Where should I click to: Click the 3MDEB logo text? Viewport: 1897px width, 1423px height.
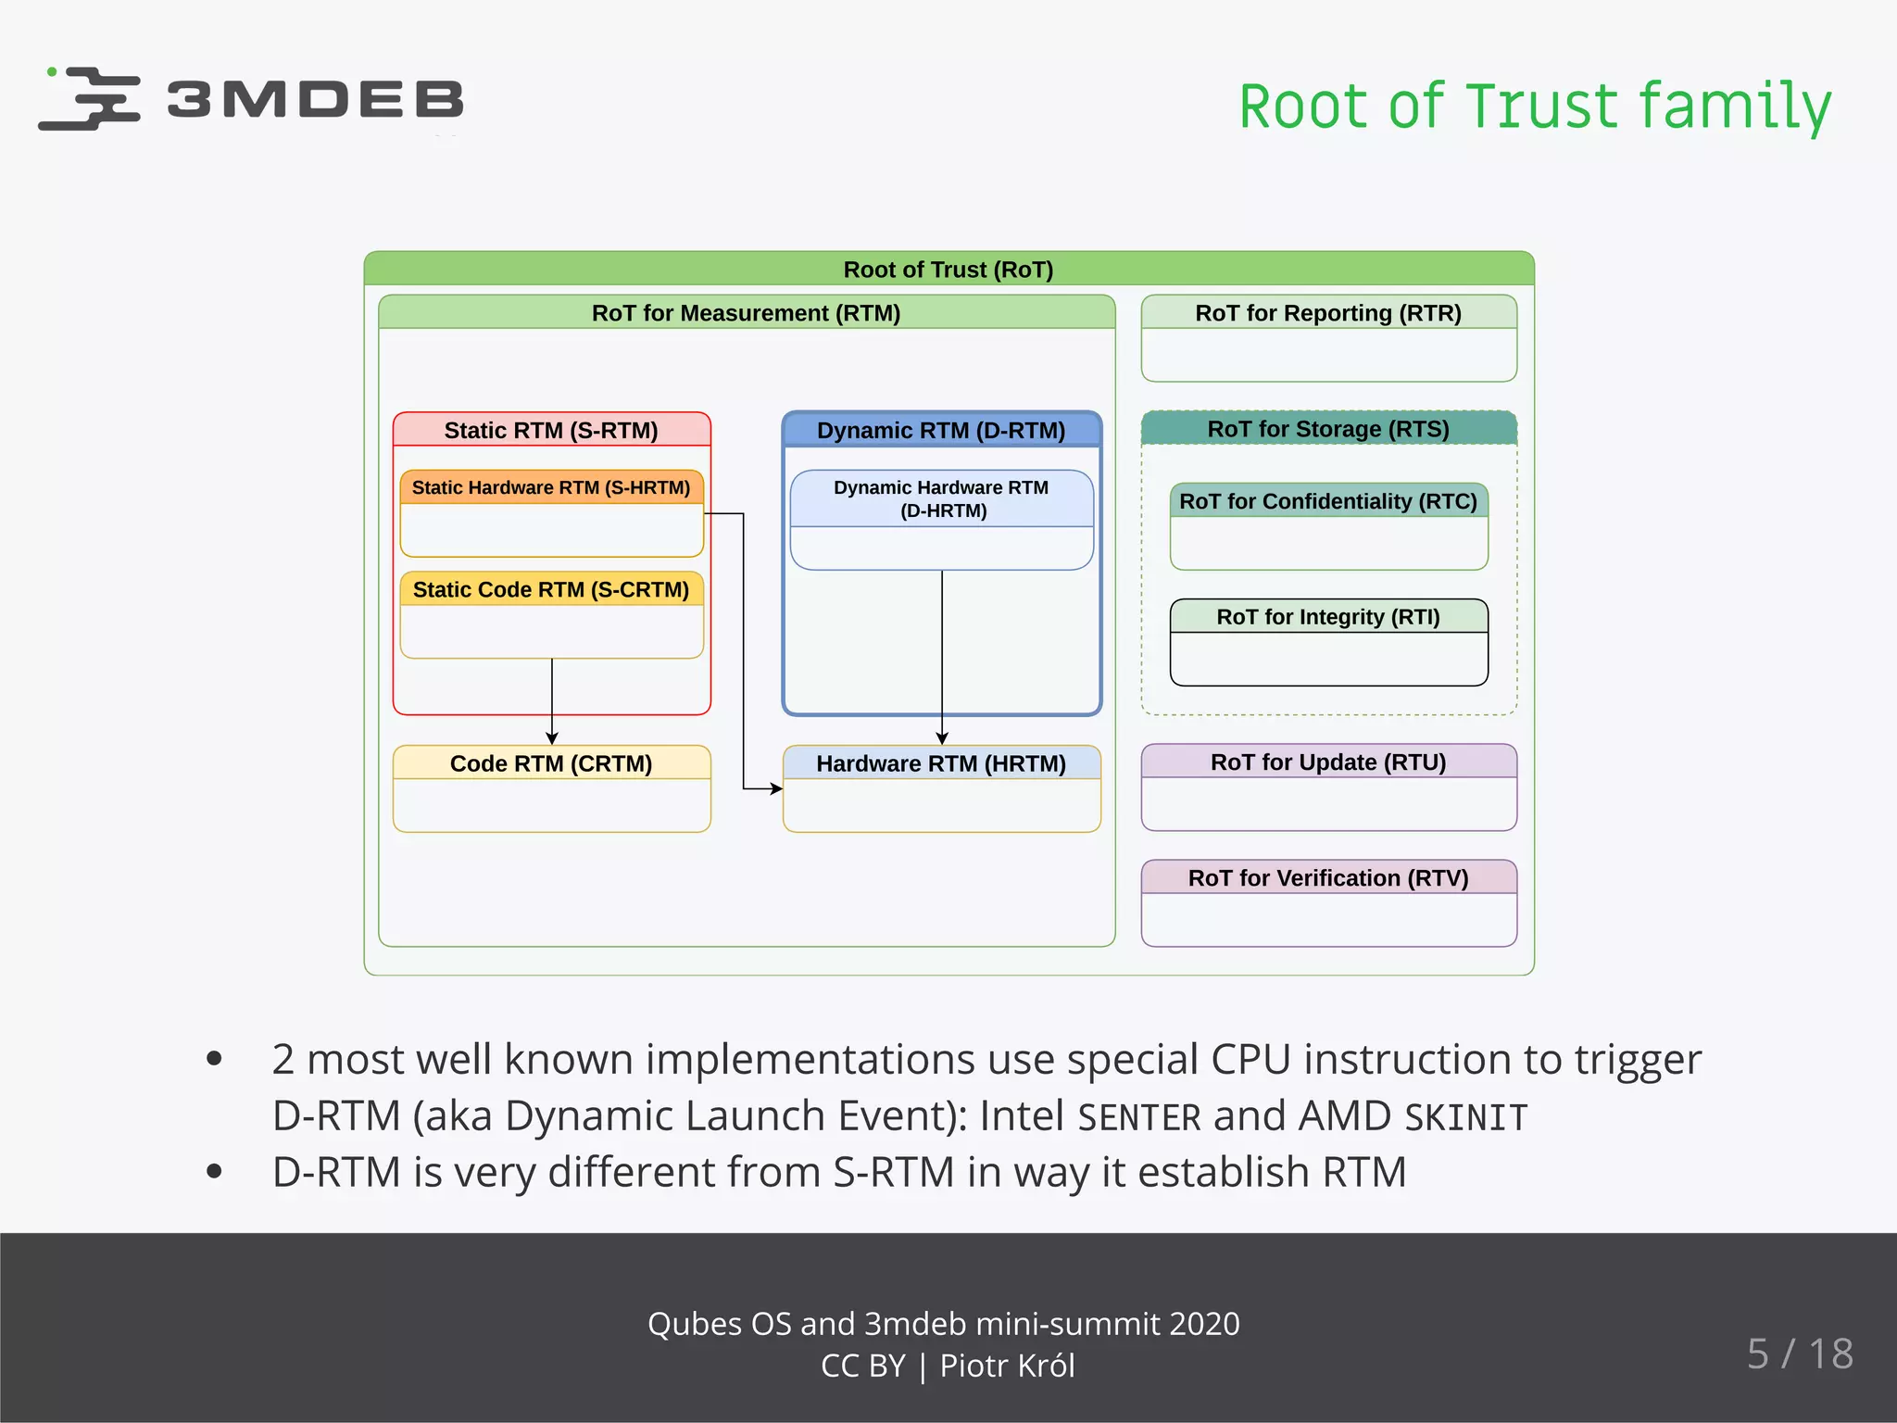point(315,99)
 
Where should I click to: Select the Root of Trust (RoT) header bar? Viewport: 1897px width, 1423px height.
point(948,269)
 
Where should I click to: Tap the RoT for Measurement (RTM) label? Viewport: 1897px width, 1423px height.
point(746,312)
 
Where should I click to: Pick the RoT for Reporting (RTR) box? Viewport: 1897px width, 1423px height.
point(1328,338)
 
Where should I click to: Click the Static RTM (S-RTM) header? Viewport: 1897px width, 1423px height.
point(551,430)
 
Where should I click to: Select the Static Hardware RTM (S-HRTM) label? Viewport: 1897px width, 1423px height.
point(551,487)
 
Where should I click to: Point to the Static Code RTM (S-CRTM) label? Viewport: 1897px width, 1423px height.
point(551,589)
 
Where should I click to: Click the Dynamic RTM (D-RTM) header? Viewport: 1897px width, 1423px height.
point(941,430)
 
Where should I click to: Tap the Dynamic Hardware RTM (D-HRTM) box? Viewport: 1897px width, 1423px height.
point(941,519)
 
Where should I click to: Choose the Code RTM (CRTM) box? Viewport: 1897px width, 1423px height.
point(551,788)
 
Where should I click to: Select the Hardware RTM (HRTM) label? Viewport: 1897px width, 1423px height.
point(941,763)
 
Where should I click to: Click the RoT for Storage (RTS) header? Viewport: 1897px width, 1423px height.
point(1328,429)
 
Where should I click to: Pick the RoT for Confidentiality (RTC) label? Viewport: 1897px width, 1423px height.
point(1328,501)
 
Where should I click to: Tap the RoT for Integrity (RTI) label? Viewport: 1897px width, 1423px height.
point(1328,617)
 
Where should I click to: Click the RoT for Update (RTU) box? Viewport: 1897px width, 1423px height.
point(1328,787)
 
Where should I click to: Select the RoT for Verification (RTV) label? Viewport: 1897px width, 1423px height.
point(1328,877)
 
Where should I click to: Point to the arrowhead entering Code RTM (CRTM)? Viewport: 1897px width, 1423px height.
point(552,738)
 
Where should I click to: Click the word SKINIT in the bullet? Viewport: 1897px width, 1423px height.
point(1465,1117)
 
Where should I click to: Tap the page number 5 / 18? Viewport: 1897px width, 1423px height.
point(1800,1354)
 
